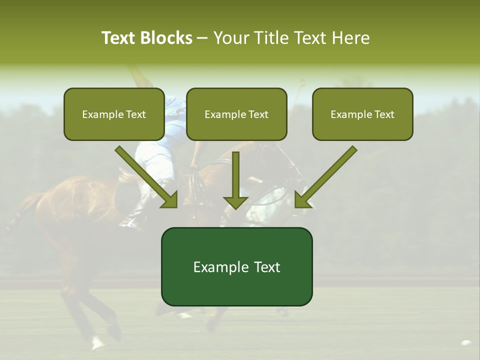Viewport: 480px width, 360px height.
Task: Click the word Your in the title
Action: tap(232, 38)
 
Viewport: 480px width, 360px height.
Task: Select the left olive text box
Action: tap(114, 114)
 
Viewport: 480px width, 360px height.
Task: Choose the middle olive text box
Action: tap(236, 114)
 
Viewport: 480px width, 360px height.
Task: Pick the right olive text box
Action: tap(362, 114)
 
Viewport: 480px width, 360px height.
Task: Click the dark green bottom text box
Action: tap(236, 266)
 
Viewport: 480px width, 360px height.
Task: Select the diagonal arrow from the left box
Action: tap(147, 177)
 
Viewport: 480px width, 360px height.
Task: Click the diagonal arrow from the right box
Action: tap(325, 177)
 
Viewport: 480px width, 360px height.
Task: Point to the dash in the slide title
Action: tap(203, 38)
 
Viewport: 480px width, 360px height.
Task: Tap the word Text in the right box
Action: tap(384, 114)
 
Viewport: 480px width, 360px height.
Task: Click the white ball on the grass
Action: tap(466, 343)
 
